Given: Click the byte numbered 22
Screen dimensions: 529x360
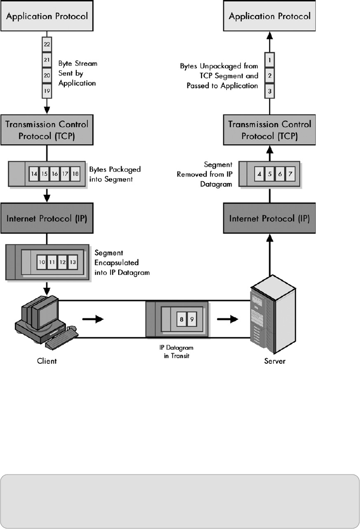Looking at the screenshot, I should [x=46, y=44].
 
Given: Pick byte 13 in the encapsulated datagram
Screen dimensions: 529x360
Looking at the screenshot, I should [x=73, y=262].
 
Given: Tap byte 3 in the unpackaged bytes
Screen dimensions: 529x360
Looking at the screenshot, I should [x=269, y=91].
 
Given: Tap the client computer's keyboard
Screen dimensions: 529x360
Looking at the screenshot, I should [x=61, y=338].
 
